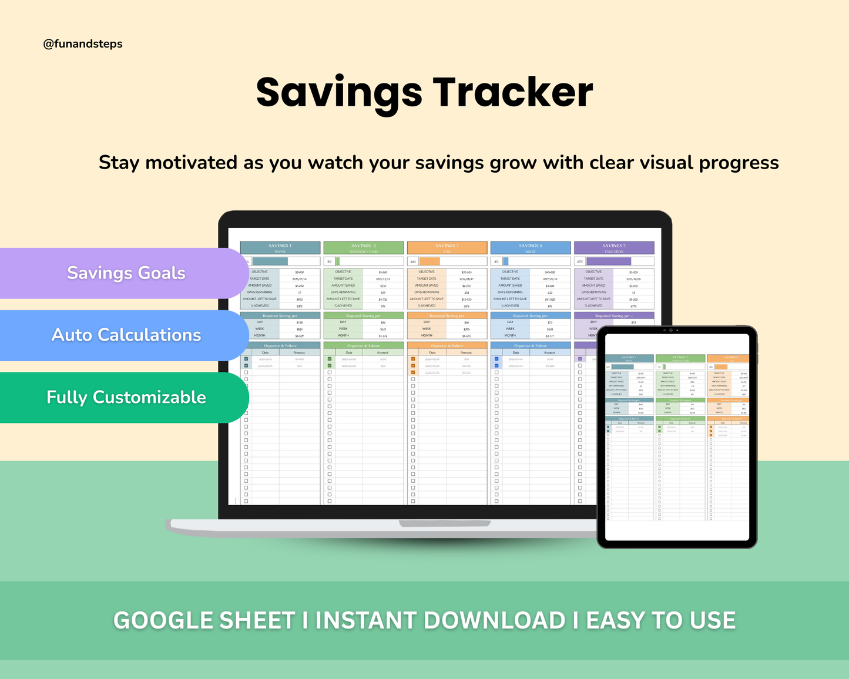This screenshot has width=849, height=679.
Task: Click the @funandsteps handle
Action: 83,44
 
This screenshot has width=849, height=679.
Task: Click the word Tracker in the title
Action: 512,93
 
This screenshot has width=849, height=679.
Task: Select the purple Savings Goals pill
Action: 126,273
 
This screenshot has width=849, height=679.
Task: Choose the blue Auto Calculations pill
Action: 126,335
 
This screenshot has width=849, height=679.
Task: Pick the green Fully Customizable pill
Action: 126,397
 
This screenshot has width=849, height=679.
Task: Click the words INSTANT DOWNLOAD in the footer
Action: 440,621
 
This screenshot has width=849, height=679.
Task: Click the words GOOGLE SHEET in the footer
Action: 204,621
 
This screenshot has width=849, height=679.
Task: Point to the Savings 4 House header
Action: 530,248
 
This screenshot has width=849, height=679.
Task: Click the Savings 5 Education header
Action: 613,248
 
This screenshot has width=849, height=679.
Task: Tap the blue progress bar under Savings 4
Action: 505,261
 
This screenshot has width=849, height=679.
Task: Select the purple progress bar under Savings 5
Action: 608,261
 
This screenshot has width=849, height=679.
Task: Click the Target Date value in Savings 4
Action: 550,279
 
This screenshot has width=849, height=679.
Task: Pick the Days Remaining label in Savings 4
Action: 510,292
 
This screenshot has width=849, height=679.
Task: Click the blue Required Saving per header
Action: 530,316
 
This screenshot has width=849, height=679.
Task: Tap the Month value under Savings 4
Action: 550,336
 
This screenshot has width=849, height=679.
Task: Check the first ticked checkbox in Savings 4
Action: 496,359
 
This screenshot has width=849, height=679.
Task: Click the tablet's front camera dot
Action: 670,330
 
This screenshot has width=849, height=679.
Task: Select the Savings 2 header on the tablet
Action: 680,358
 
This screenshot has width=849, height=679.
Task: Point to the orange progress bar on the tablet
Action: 720,367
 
